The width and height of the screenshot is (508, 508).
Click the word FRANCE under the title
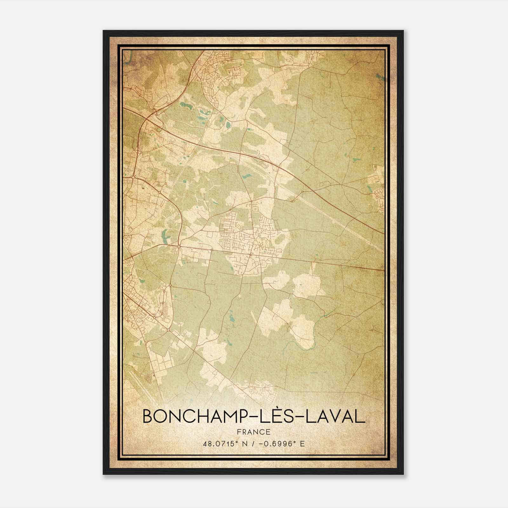coord(254,432)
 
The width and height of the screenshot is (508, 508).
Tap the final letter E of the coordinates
coord(302,444)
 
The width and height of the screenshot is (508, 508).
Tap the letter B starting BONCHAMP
coord(148,416)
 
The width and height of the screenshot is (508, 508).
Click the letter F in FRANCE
coord(239,432)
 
